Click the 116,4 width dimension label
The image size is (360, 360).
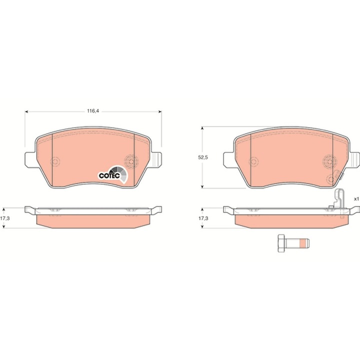pos(93,111)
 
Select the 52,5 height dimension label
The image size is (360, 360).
pos(202,157)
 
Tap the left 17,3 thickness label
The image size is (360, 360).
pos(4,218)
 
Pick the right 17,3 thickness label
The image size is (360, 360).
pos(203,218)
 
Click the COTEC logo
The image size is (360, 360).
pos(113,175)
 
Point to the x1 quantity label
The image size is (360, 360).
pos(356,199)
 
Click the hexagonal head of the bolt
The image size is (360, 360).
pos(281,243)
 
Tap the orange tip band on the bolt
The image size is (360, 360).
pos(303,243)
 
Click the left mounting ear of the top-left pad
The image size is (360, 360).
pos(30,159)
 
